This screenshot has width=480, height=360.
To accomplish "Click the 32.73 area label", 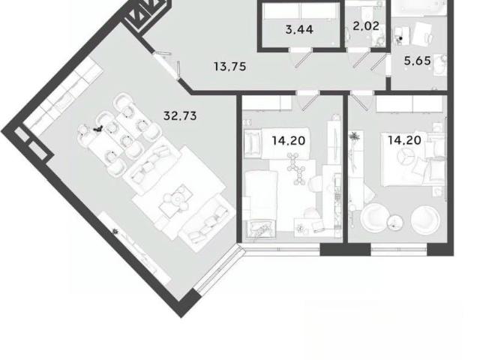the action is click(x=180, y=115).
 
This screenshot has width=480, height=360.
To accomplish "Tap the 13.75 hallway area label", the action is click(x=230, y=67).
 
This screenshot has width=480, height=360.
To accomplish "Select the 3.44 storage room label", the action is click(x=299, y=29).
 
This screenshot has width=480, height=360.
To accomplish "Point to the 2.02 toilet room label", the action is click(x=366, y=25).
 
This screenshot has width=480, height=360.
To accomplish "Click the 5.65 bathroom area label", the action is click(x=417, y=61).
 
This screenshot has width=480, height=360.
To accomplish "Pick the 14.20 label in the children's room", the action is click(x=289, y=140).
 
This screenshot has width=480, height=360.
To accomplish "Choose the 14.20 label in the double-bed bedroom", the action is click(x=405, y=140).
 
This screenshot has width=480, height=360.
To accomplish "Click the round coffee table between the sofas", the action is click(x=177, y=199).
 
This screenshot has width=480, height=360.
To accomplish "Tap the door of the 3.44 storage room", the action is click(x=303, y=58).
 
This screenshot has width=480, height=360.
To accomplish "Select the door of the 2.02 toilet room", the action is click(x=361, y=58).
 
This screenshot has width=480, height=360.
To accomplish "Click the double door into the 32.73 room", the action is click(x=166, y=65).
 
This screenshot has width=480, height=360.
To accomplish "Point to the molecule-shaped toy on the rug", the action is click(x=295, y=169).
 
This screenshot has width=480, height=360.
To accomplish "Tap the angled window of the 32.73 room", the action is click(x=220, y=267).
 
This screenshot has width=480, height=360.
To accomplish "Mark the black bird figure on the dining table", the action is click(x=98, y=129).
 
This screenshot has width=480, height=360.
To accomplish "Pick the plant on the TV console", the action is click(x=115, y=232).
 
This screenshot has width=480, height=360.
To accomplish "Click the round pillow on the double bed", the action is click(x=404, y=155).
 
